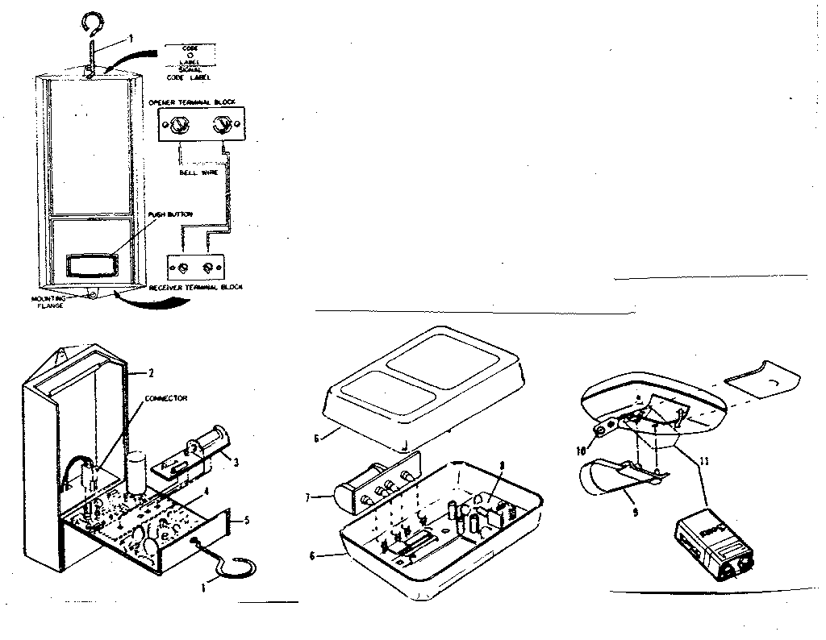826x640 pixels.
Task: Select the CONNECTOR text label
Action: click(x=165, y=398)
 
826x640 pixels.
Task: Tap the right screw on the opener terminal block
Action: click(x=219, y=126)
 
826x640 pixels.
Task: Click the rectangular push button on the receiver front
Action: click(x=89, y=265)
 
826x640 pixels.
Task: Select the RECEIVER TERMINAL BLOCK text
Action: click(x=199, y=287)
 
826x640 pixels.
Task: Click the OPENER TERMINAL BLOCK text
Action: click(x=190, y=103)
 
